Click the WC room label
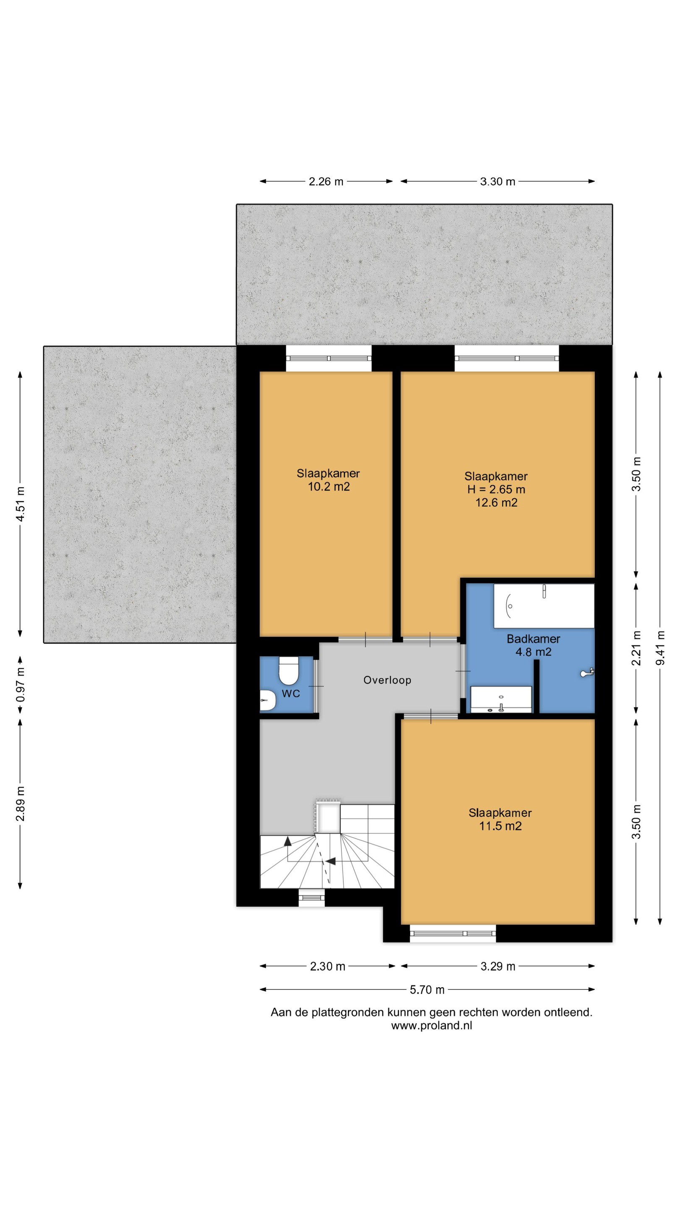pos(290,693)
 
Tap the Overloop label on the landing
pos(387,680)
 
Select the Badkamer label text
pos(533,639)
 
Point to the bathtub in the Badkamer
pos(544,605)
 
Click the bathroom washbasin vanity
pos(501,699)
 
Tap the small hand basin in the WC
pos(268,700)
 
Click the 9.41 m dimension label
pos(660,648)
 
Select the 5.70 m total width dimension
pos(427,989)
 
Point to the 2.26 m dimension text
pos(326,181)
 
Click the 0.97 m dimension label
pos(20,685)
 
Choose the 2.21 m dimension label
pos(636,648)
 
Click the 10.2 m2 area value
pos(329,487)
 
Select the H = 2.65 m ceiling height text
pos(496,489)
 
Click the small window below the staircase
pos(312,898)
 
